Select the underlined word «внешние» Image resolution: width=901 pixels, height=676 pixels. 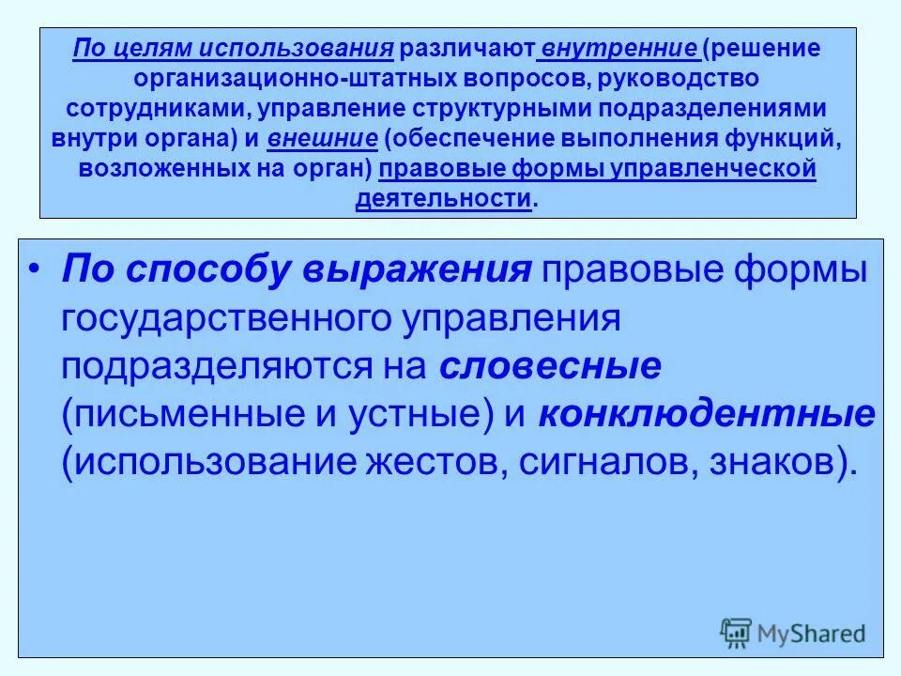tap(323, 140)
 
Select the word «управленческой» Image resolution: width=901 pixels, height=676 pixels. tap(722, 170)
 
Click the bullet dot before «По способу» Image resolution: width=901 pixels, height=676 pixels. tap(35, 269)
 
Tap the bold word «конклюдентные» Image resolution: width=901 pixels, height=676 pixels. tap(707, 415)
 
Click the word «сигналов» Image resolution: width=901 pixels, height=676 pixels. tap(598, 464)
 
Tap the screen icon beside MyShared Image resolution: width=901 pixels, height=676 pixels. tap(736, 632)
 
